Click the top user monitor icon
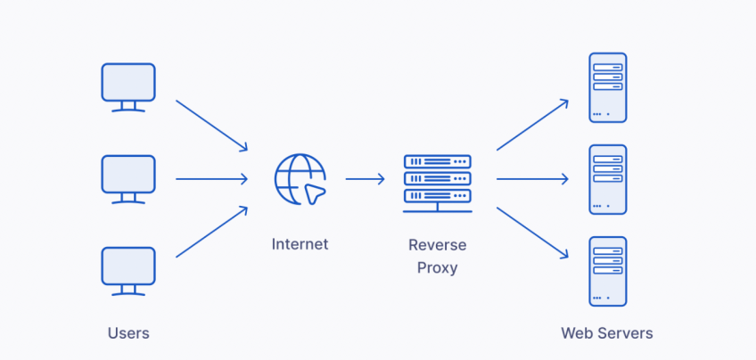coord(128,86)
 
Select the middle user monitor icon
coord(128,177)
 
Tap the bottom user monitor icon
coord(128,270)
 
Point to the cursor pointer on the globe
coord(315,192)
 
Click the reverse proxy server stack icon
coord(437,183)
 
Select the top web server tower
coord(607,87)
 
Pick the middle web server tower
coord(607,179)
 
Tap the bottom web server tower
coord(607,271)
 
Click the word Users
coord(128,333)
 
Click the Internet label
coord(300,244)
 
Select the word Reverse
coord(437,245)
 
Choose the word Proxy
coord(437,266)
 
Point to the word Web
coord(576,333)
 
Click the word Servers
coord(624,333)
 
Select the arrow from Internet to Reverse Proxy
coord(365,179)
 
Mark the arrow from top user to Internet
coord(211,125)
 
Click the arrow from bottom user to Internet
coord(211,233)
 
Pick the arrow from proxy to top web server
coord(532,125)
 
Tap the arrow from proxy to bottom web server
coord(532,233)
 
